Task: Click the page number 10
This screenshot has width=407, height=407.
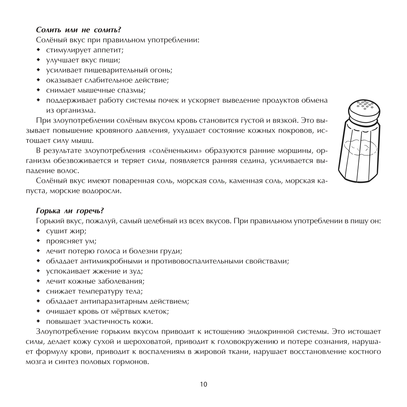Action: click(x=203, y=384)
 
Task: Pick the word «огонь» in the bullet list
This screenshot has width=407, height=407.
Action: click(x=160, y=70)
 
